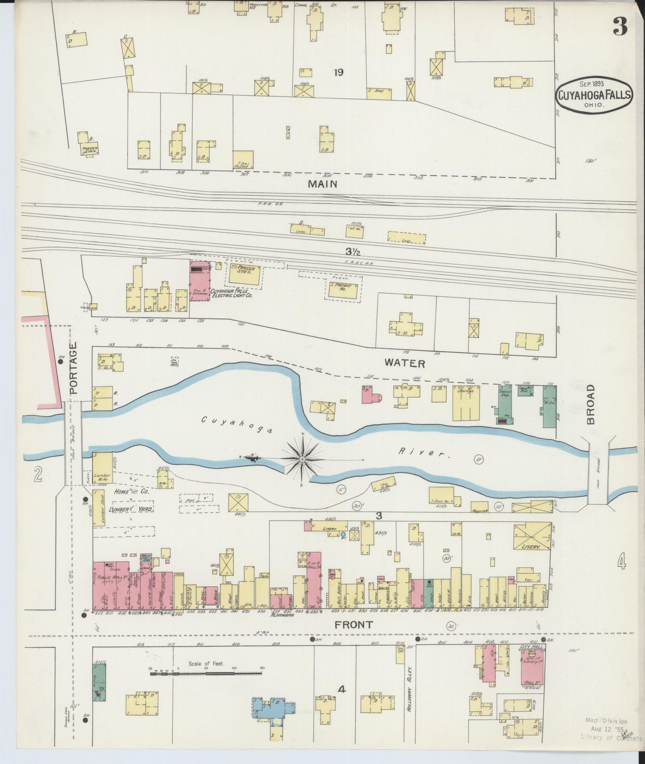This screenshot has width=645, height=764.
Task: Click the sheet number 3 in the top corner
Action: click(620, 26)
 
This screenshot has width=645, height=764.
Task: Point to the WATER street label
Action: click(405, 364)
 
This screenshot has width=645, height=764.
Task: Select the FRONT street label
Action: click(354, 625)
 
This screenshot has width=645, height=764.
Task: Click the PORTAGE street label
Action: click(74, 367)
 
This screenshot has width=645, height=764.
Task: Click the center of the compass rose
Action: click(303, 459)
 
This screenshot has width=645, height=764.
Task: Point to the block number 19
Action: click(338, 72)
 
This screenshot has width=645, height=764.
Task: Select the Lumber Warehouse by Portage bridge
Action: click(102, 468)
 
